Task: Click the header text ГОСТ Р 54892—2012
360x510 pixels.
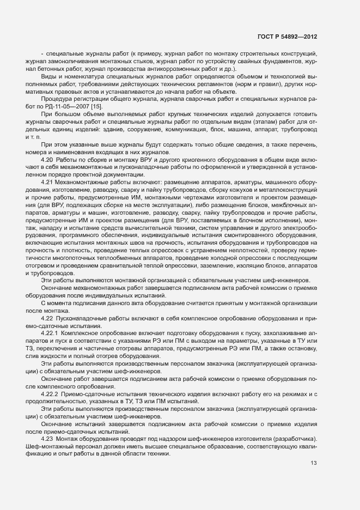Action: point(286,37)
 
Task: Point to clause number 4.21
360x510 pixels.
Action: point(47,181)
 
